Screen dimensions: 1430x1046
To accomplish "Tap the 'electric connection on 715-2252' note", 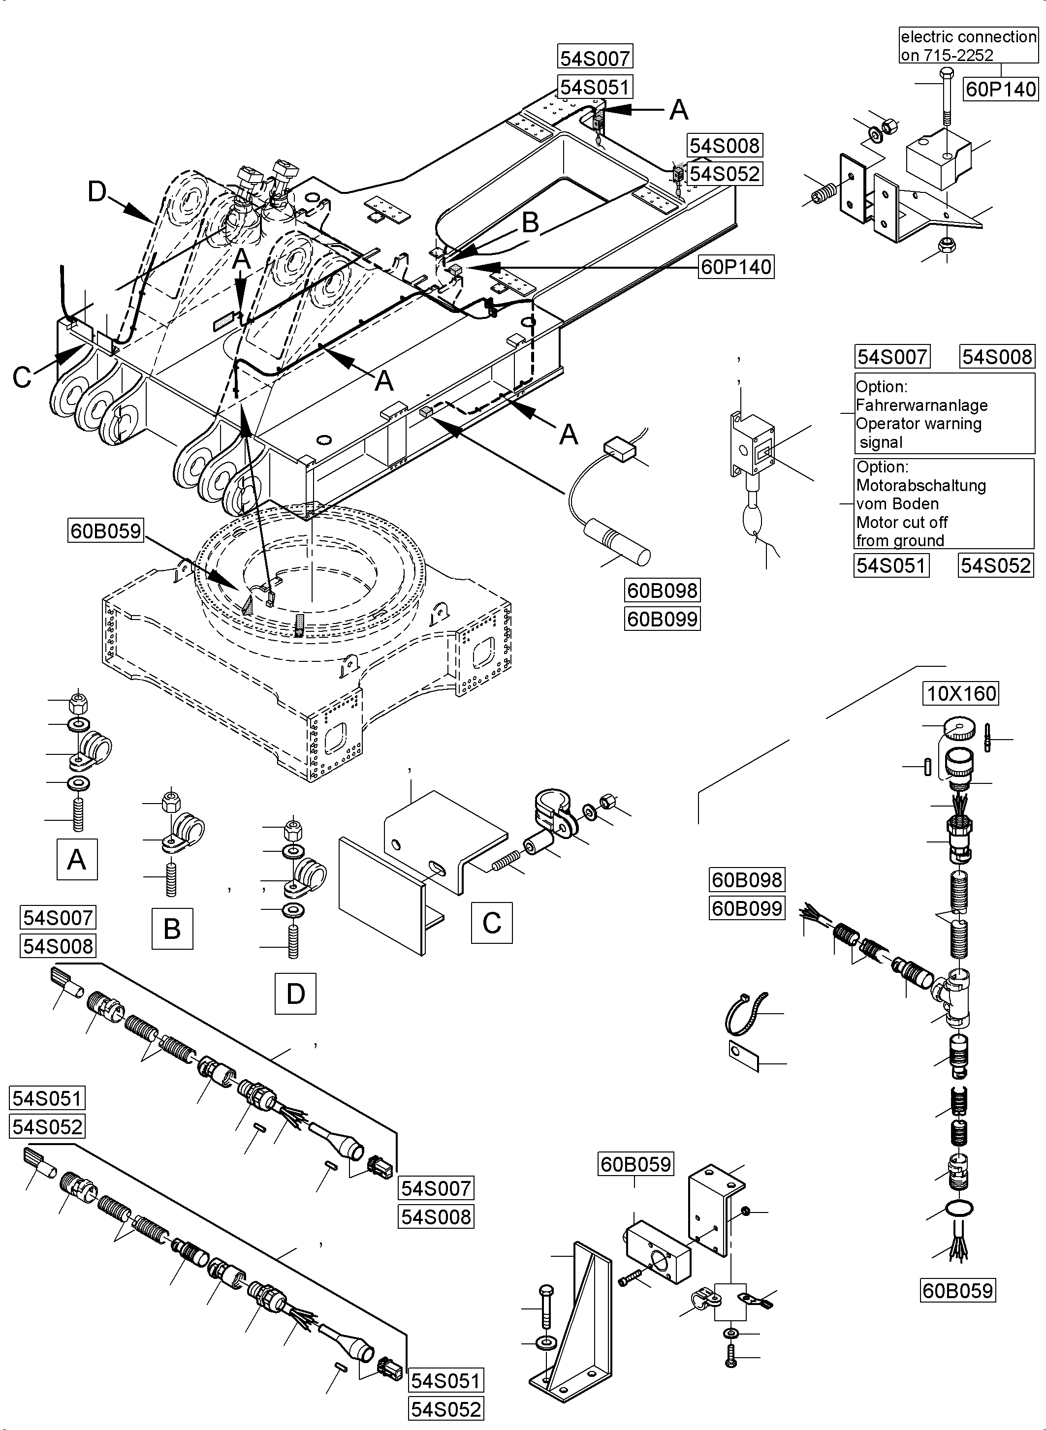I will (x=968, y=46).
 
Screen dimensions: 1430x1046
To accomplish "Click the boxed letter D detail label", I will (x=295, y=994).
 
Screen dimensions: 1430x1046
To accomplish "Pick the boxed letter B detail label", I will (x=172, y=929).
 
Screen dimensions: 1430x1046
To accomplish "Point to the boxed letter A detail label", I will (x=77, y=859).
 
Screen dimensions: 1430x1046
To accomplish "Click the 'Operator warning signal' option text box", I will (x=944, y=413).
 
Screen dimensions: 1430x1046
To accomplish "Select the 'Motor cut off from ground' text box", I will (x=944, y=503).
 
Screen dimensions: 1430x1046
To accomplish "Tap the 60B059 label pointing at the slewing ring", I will (x=105, y=530).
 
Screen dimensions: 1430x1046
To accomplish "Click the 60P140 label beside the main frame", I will (x=736, y=267).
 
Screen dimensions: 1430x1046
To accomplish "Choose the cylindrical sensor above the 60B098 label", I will (x=617, y=541).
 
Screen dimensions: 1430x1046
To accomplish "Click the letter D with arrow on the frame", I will (x=97, y=191).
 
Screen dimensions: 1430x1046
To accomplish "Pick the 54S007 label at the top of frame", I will (x=595, y=58).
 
